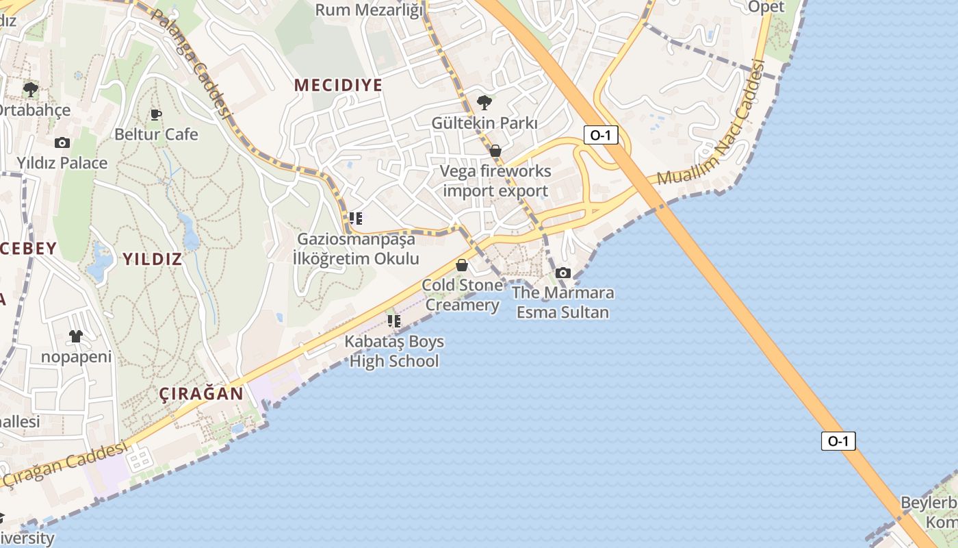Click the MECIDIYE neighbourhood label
click(x=338, y=85)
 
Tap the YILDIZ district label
click(x=152, y=259)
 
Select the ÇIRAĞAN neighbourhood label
click(x=201, y=394)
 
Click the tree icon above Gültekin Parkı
click(x=484, y=103)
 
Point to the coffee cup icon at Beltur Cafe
click(x=156, y=114)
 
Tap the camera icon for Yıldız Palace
click(x=62, y=142)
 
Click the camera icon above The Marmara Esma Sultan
click(x=562, y=273)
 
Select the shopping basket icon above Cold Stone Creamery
click(x=462, y=265)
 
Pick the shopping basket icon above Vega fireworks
click(x=495, y=150)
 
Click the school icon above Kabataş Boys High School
click(x=393, y=321)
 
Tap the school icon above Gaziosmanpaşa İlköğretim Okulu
click(x=355, y=219)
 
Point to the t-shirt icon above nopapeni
click(x=75, y=336)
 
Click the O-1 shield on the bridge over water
click(x=838, y=441)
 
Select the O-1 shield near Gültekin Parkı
click(x=601, y=135)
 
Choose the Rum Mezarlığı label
click(x=370, y=10)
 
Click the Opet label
click(x=766, y=7)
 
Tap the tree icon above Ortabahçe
click(x=31, y=89)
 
